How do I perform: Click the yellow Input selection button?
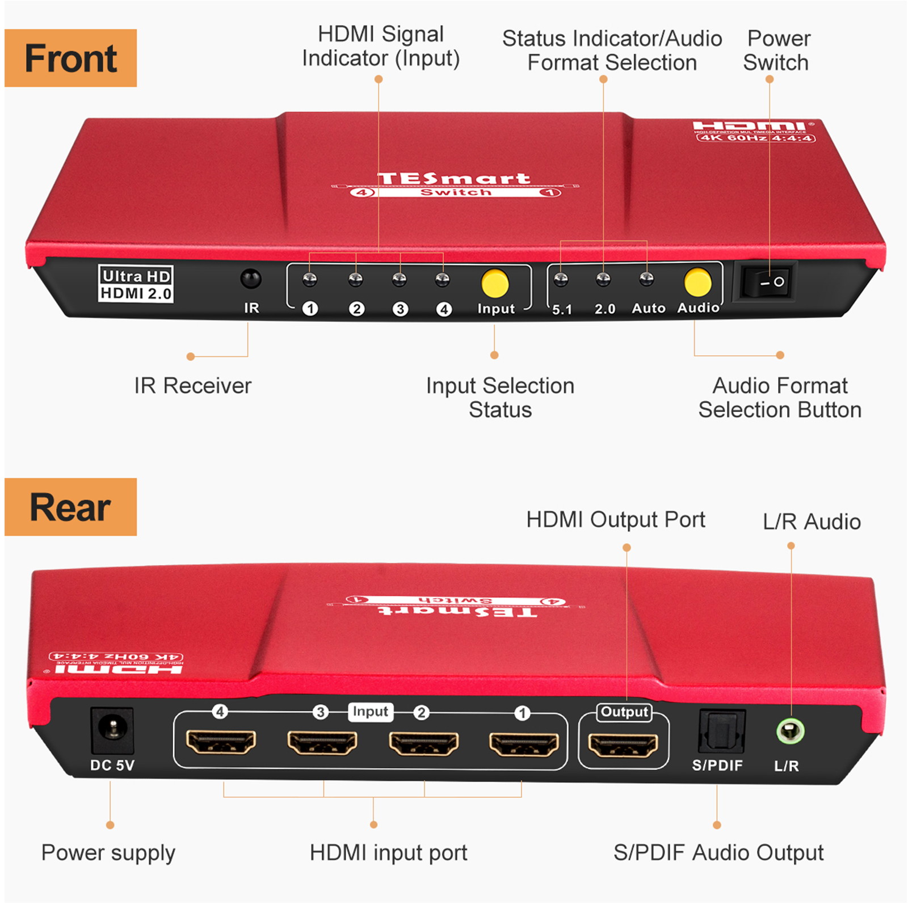pyautogui.click(x=495, y=283)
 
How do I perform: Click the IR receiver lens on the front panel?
pyautogui.click(x=250, y=279)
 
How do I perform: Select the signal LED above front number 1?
pyautogui.click(x=309, y=279)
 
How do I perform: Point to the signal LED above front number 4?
pyautogui.click(x=442, y=279)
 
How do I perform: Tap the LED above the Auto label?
pyautogui.click(x=646, y=279)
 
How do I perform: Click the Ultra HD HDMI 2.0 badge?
pyautogui.click(x=136, y=284)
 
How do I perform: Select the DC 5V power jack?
pyautogui.click(x=112, y=731)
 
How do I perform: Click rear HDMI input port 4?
pyautogui.click(x=221, y=742)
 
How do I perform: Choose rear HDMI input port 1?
pyautogui.click(x=524, y=743)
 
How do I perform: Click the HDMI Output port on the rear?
pyautogui.click(x=623, y=744)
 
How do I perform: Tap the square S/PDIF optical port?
pyautogui.click(x=721, y=732)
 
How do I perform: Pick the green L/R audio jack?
pyautogui.click(x=790, y=732)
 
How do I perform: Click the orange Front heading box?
pyautogui.click(x=71, y=58)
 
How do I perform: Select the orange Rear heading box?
pyautogui.click(x=71, y=507)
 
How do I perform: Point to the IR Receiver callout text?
pyautogui.click(x=193, y=386)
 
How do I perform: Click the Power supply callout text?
pyautogui.click(x=108, y=852)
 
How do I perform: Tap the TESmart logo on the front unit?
pyautogui.click(x=454, y=179)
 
